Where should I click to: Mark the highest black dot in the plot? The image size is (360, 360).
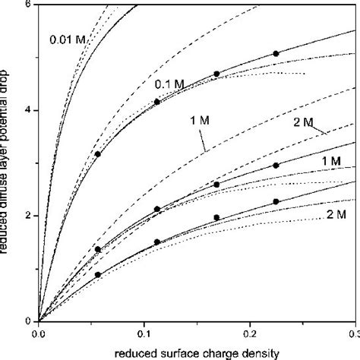(x=276, y=54)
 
